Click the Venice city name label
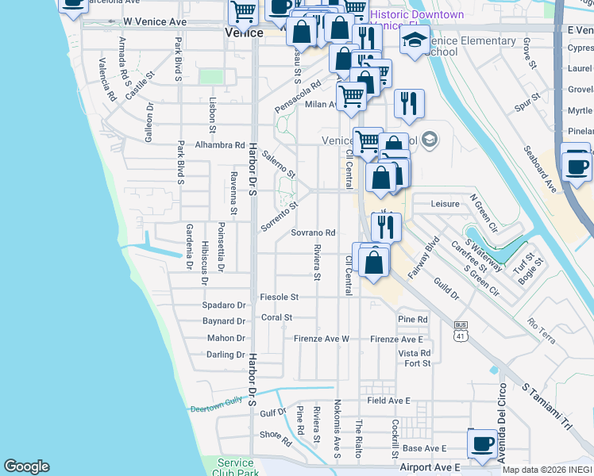pos(244,33)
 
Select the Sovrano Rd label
pos(313,233)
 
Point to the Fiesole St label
pos(279,297)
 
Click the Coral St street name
pos(277,317)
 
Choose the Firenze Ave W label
pos(322,339)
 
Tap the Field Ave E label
pos(388,401)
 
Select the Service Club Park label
pos(235,467)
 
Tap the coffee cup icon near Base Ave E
pos(482,443)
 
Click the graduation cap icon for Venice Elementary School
pos(414,43)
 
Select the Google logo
pos(26,466)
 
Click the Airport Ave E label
pos(430,469)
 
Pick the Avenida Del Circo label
pos(501,412)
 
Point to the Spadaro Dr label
pos(224,305)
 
